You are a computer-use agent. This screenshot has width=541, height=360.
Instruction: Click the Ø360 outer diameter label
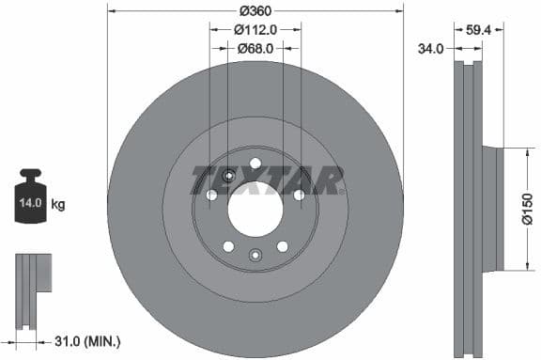[255, 11]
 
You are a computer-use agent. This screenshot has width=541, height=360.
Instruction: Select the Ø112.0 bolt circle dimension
[255, 29]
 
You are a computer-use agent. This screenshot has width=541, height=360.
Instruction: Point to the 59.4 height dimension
[480, 29]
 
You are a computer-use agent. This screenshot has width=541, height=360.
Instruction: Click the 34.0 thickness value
[431, 48]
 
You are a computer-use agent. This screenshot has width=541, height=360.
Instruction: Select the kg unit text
[58, 202]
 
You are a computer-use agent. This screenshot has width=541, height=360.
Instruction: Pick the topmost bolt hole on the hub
[255, 161]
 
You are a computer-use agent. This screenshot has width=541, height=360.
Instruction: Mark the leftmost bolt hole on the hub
[211, 195]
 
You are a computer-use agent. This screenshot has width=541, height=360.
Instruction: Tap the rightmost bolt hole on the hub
[299, 195]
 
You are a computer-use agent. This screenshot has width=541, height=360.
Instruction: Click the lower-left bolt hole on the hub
[228, 246]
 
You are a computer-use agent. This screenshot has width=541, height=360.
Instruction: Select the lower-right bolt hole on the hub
[282, 246]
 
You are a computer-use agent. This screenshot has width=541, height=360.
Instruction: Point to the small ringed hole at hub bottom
[255, 254]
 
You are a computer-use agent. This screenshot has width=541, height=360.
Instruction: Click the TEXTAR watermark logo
[268, 179]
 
